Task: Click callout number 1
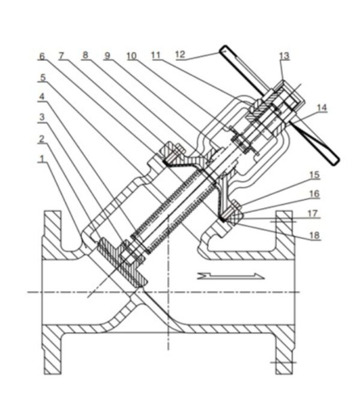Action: coord(41,159)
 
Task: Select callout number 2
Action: coord(41,139)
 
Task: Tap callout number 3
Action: coord(41,118)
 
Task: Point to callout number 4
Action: coord(41,97)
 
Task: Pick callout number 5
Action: coord(41,76)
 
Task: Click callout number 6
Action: coord(41,56)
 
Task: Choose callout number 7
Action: coord(62,56)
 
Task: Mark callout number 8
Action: coord(85,55)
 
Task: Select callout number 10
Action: coord(131,55)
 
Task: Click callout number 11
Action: coord(155,55)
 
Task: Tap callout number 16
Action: coord(314,194)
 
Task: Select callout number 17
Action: coord(314,213)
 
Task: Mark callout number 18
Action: coord(314,236)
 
